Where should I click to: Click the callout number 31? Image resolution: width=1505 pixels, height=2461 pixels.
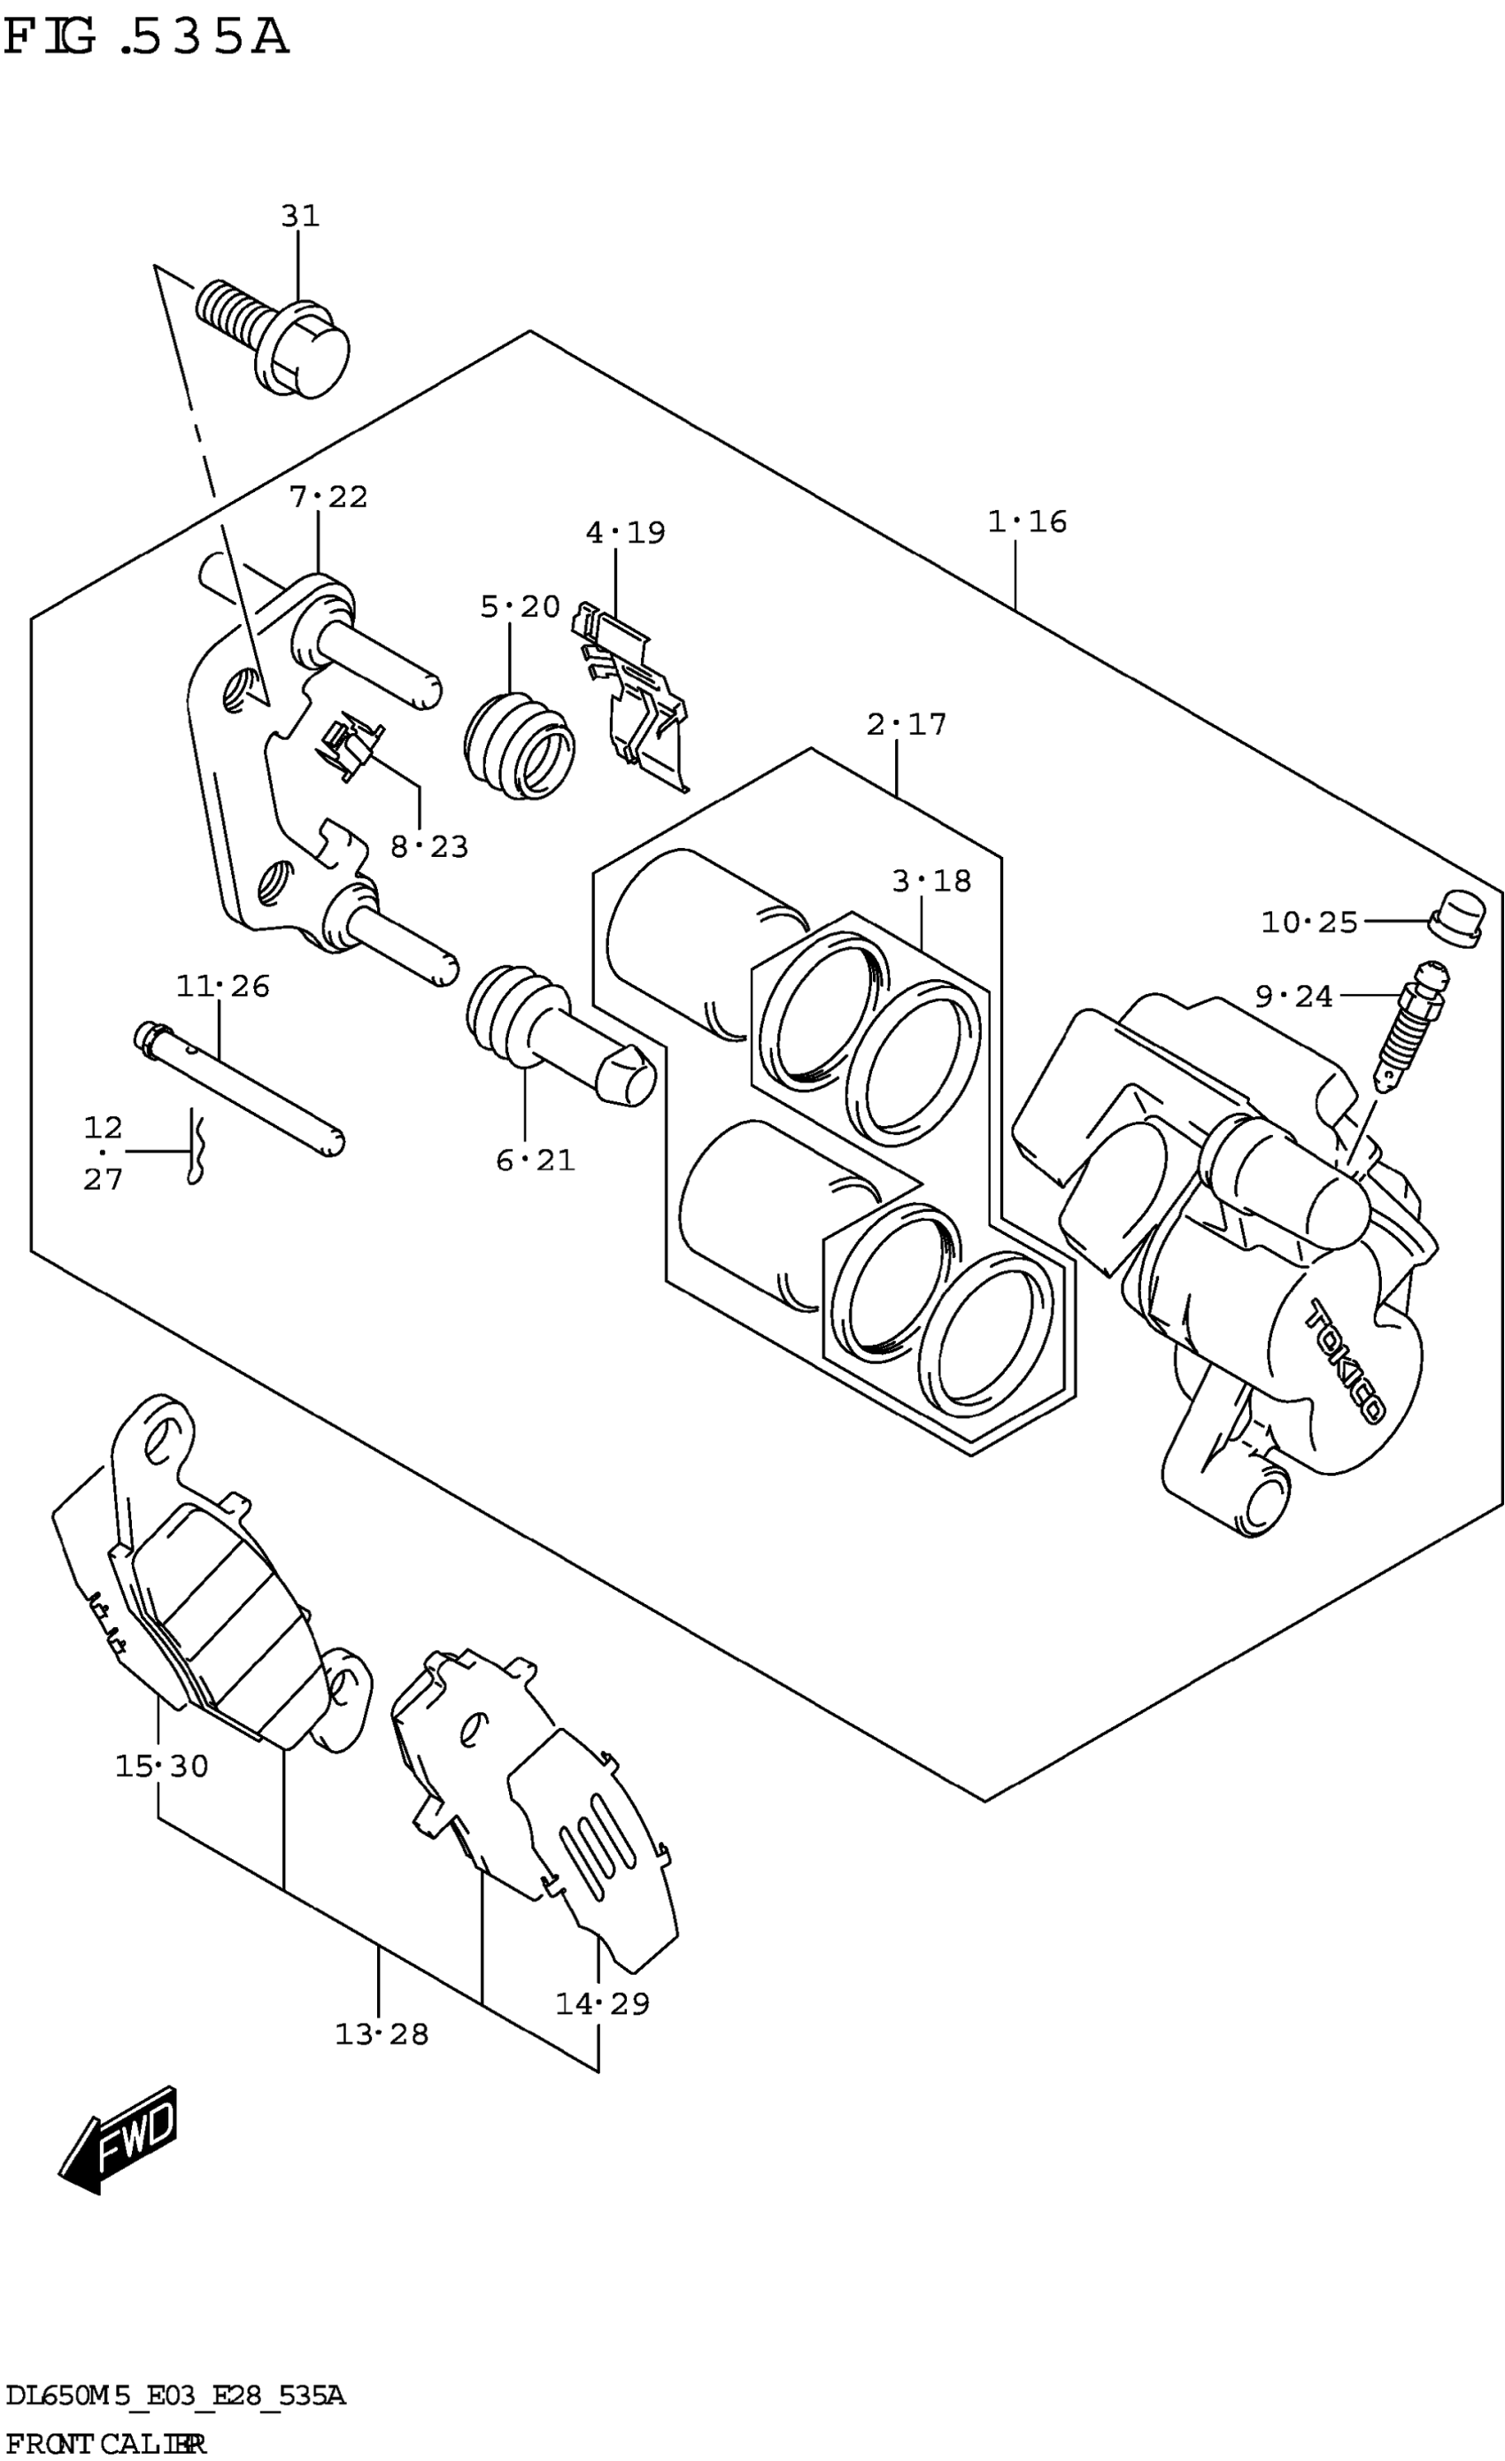[299, 216]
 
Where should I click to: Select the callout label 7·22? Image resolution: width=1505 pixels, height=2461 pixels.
[328, 497]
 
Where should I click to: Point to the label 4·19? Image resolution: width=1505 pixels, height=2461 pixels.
[625, 532]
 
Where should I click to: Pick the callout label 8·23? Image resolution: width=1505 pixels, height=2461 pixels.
[428, 847]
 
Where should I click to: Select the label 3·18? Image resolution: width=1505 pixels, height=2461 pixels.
[930, 881]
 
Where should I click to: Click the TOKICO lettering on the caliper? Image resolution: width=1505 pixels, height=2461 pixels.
[1346, 1361]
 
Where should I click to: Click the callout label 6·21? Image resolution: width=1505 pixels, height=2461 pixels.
[536, 1160]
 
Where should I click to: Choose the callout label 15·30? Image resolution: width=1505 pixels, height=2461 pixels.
[162, 1766]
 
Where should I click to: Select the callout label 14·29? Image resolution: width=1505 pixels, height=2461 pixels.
[602, 2002]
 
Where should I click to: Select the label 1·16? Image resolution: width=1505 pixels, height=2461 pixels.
[1027, 521]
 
